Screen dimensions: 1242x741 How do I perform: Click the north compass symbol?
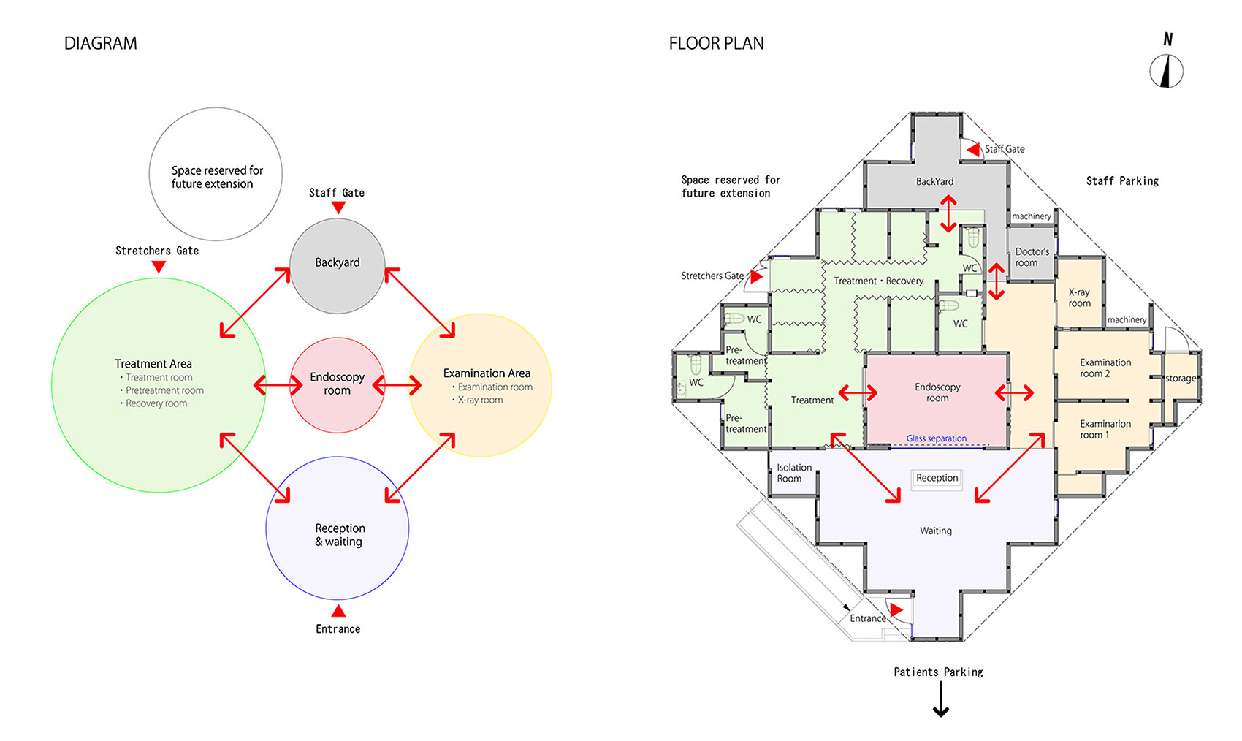1166,71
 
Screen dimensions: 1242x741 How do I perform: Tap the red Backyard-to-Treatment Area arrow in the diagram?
255,303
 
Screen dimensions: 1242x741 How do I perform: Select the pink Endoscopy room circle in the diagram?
337,385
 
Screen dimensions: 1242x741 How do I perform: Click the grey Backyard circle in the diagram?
337,266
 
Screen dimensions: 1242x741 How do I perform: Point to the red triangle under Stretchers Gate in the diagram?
159,267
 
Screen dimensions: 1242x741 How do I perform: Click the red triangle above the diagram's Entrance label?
338,611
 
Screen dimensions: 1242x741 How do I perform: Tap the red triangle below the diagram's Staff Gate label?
338,208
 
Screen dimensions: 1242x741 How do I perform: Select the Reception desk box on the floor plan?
937,478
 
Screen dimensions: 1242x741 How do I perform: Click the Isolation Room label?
794,473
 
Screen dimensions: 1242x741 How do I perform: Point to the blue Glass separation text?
937,438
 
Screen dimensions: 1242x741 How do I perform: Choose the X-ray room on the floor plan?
1079,297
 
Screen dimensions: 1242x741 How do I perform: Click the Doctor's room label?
1032,257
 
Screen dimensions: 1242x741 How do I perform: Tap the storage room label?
1181,379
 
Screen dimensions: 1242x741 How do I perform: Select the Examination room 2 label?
1105,368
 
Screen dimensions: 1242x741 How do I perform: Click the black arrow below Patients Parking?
940,699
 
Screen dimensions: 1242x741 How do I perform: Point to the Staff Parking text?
1122,180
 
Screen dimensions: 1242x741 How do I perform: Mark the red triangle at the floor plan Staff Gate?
973,150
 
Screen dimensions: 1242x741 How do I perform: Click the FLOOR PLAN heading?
717,43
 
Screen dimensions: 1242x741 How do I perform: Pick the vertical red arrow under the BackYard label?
948,213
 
